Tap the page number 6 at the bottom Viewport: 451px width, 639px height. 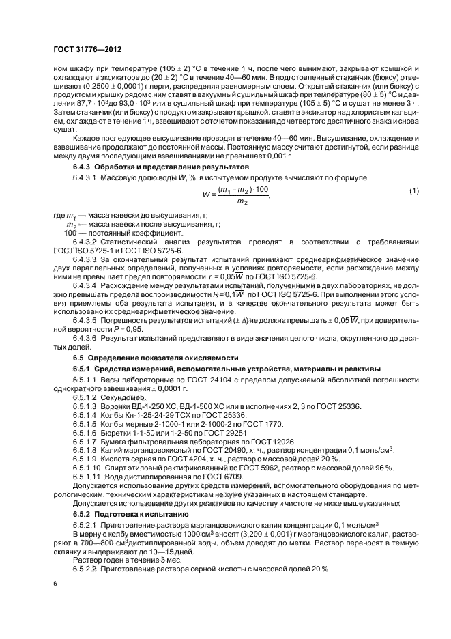click(55, 584)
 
